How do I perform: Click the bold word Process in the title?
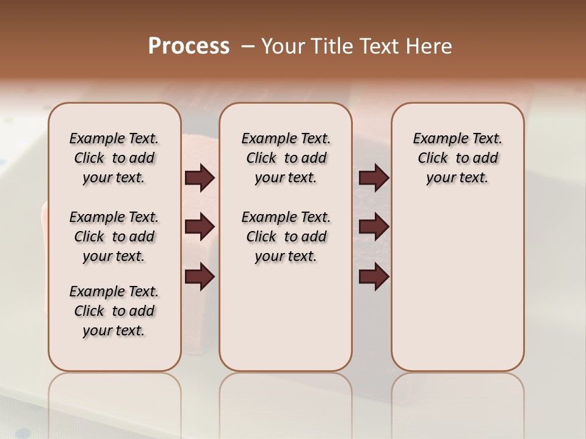point(189,46)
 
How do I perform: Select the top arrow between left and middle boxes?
point(200,178)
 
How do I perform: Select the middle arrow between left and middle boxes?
point(200,227)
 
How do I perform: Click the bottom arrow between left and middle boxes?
point(200,277)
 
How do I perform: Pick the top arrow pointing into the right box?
point(374,178)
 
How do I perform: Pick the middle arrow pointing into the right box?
point(374,227)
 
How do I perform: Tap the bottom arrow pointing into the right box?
point(374,277)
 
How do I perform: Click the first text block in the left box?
point(114,158)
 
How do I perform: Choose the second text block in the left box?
point(114,237)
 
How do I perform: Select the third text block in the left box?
point(114,311)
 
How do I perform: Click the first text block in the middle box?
point(286,158)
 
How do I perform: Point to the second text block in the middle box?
point(286,237)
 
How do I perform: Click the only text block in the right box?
point(457,158)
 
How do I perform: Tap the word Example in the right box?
point(436,139)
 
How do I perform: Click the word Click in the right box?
point(433,159)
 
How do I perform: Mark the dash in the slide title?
point(248,46)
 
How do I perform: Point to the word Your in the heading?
point(282,46)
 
